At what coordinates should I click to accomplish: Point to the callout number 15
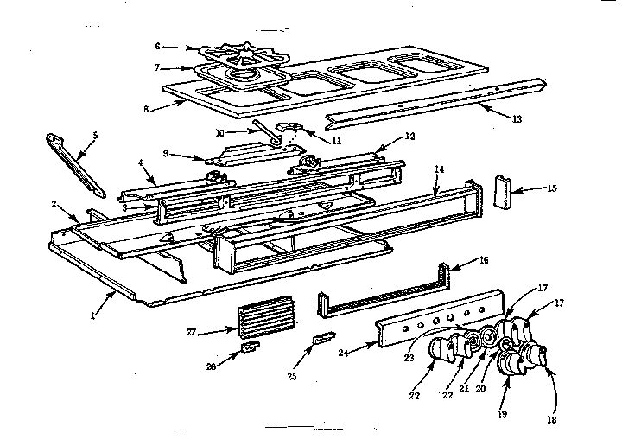click(553, 187)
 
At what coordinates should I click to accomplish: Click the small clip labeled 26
click(250, 347)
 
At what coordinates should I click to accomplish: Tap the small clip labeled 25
click(322, 338)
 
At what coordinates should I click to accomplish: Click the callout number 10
click(219, 132)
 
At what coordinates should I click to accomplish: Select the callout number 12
click(410, 137)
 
